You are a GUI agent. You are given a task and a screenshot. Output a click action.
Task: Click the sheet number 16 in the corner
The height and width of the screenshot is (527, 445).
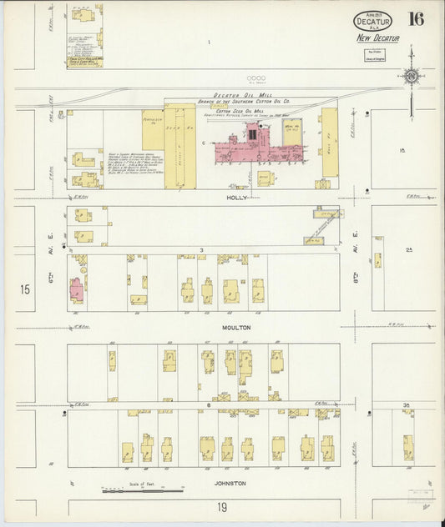(x=416, y=18)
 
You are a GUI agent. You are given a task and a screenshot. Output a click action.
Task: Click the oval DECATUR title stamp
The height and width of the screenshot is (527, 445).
(x=372, y=20)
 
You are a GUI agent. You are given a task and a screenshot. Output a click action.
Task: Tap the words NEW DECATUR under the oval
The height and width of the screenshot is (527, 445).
(x=377, y=38)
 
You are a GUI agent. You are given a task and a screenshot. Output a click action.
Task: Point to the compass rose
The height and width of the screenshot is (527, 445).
(x=411, y=77)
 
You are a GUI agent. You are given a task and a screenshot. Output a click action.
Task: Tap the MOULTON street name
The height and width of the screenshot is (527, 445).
(x=236, y=328)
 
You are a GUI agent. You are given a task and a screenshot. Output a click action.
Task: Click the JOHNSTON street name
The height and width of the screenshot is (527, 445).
(x=233, y=484)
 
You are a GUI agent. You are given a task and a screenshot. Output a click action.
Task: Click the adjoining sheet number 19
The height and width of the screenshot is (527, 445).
(x=223, y=507)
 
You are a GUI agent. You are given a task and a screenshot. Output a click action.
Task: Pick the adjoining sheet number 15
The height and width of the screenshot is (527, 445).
(x=25, y=289)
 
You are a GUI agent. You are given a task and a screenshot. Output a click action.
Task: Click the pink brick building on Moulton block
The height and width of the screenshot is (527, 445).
(x=76, y=291)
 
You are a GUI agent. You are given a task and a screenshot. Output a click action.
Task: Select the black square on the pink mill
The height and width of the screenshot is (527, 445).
(x=251, y=132)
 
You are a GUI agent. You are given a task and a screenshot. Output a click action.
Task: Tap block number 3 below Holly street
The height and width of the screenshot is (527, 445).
(x=201, y=250)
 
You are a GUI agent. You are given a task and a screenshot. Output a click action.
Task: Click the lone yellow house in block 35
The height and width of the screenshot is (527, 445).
(x=407, y=446)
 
